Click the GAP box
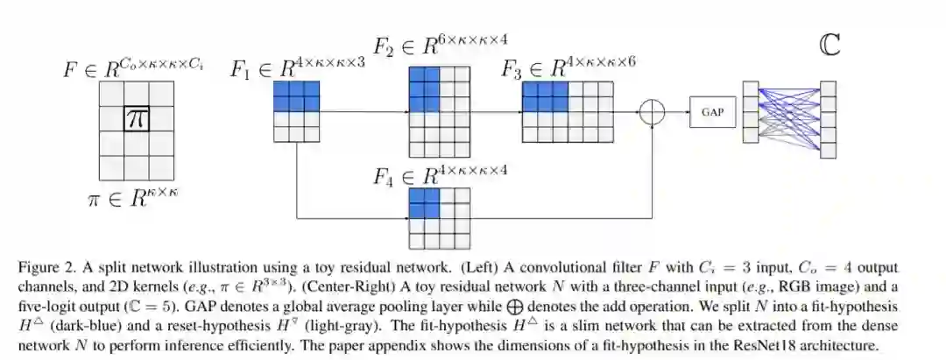711,113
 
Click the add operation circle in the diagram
653,113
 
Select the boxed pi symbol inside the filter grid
136,117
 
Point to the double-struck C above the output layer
829,44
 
